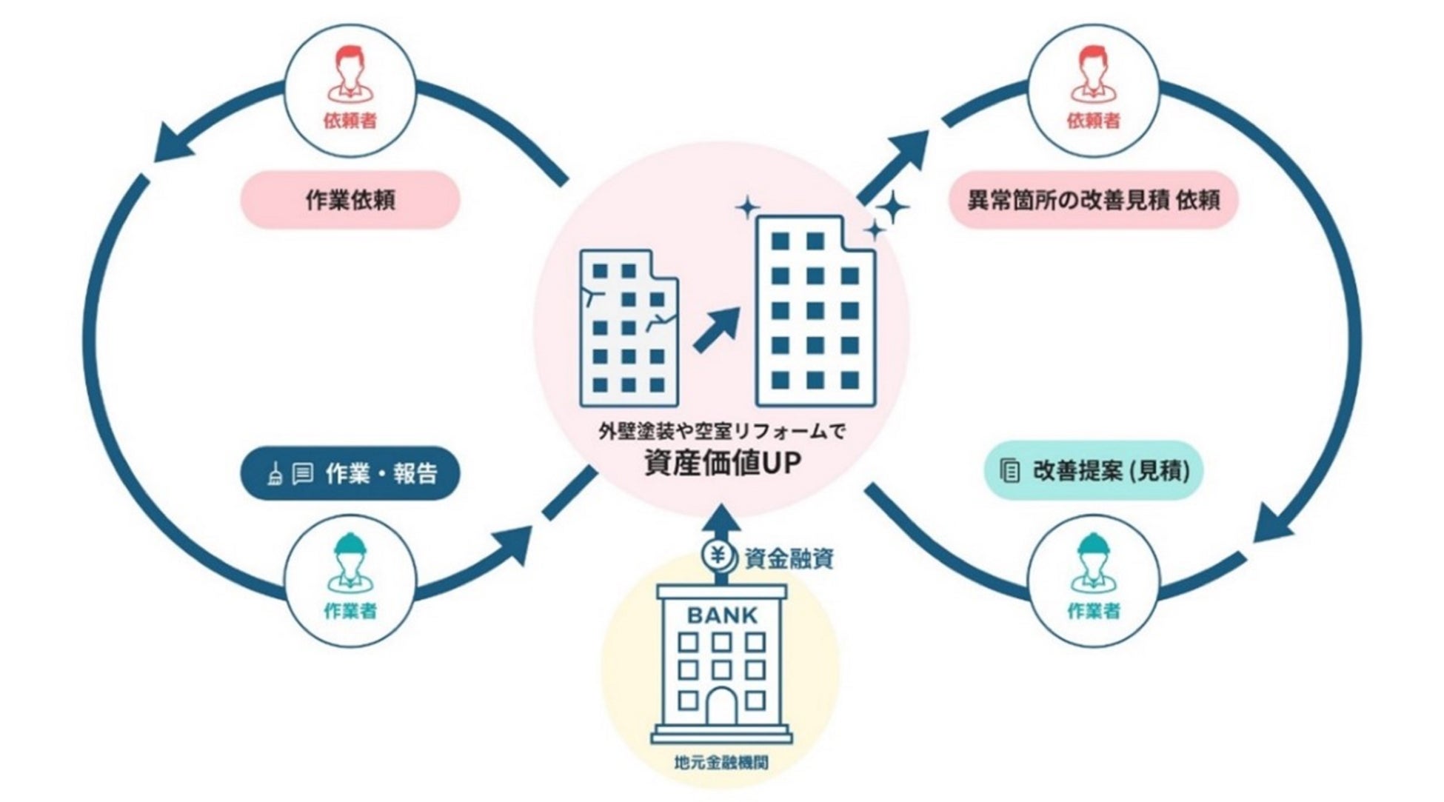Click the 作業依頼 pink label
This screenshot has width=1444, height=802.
[350, 200]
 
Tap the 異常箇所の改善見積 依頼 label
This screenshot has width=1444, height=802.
[1093, 200]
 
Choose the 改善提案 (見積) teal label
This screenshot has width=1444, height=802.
[1093, 471]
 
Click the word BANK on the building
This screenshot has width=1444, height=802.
[722, 615]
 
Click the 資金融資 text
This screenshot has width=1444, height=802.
[789, 558]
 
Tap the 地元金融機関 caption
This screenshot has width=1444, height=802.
[721, 762]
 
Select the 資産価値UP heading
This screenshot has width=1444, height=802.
[723, 464]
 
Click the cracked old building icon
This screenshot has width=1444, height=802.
[629, 328]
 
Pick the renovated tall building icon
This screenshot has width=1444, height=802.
[815, 311]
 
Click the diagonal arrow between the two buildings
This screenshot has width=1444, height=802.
[717, 330]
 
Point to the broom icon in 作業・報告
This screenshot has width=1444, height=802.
[275, 474]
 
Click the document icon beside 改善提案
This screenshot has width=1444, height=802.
[1009, 471]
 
